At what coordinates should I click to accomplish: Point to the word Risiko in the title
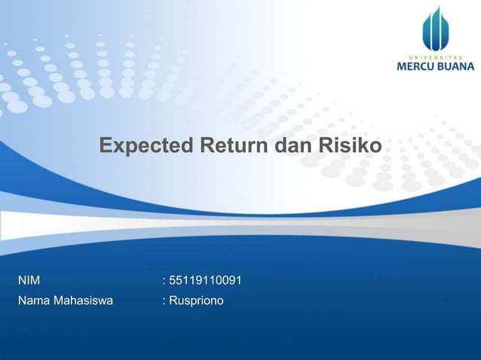[x=350, y=145]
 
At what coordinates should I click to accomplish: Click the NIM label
[x=29, y=282]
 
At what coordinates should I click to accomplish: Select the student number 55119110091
[x=205, y=282]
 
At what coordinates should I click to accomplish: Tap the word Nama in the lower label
[x=33, y=301]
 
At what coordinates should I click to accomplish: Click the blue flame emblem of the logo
[x=435, y=28]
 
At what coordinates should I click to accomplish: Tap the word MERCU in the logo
[x=417, y=66]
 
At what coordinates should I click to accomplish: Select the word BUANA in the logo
[x=457, y=66]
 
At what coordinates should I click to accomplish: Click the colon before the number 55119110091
[x=164, y=282]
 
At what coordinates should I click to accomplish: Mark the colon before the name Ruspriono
[x=164, y=302]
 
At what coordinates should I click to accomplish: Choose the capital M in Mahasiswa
[x=57, y=301]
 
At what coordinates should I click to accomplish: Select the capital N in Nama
[x=22, y=301]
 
